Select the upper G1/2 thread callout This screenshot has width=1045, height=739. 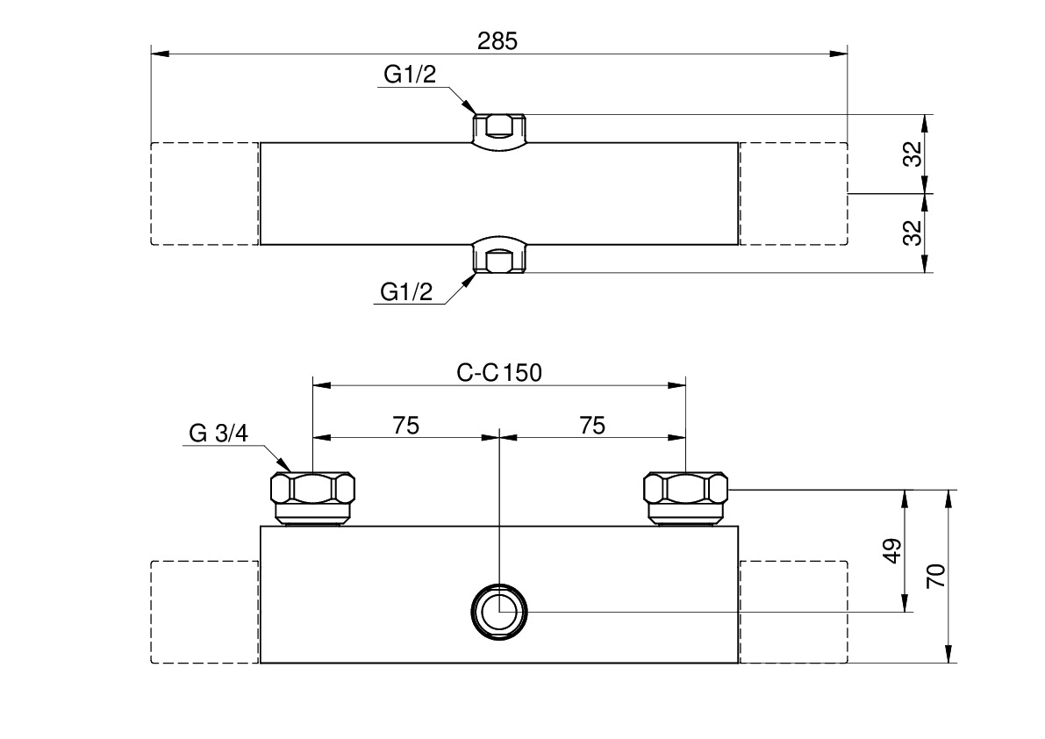click(409, 75)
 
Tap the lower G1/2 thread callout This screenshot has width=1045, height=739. click(406, 292)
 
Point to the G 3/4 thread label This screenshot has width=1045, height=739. click(219, 434)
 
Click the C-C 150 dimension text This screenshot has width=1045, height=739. click(499, 372)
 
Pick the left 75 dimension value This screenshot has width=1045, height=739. click(405, 426)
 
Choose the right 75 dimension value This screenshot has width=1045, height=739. click(592, 426)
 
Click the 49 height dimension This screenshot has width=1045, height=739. click(892, 551)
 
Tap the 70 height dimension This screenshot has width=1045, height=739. click(936, 576)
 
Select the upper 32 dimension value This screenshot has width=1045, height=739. click(913, 154)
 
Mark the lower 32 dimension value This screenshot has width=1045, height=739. click(913, 233)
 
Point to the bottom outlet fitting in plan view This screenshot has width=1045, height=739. click(498, 255)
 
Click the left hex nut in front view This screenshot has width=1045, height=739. click(313, 497)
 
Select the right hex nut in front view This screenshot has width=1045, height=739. click(685, 497)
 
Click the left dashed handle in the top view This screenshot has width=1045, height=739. click(204, 193)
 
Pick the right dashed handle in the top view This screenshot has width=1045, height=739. click(793, 193)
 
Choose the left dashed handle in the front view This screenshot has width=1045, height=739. click(204, 612)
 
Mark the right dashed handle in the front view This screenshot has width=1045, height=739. click(793, 612)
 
